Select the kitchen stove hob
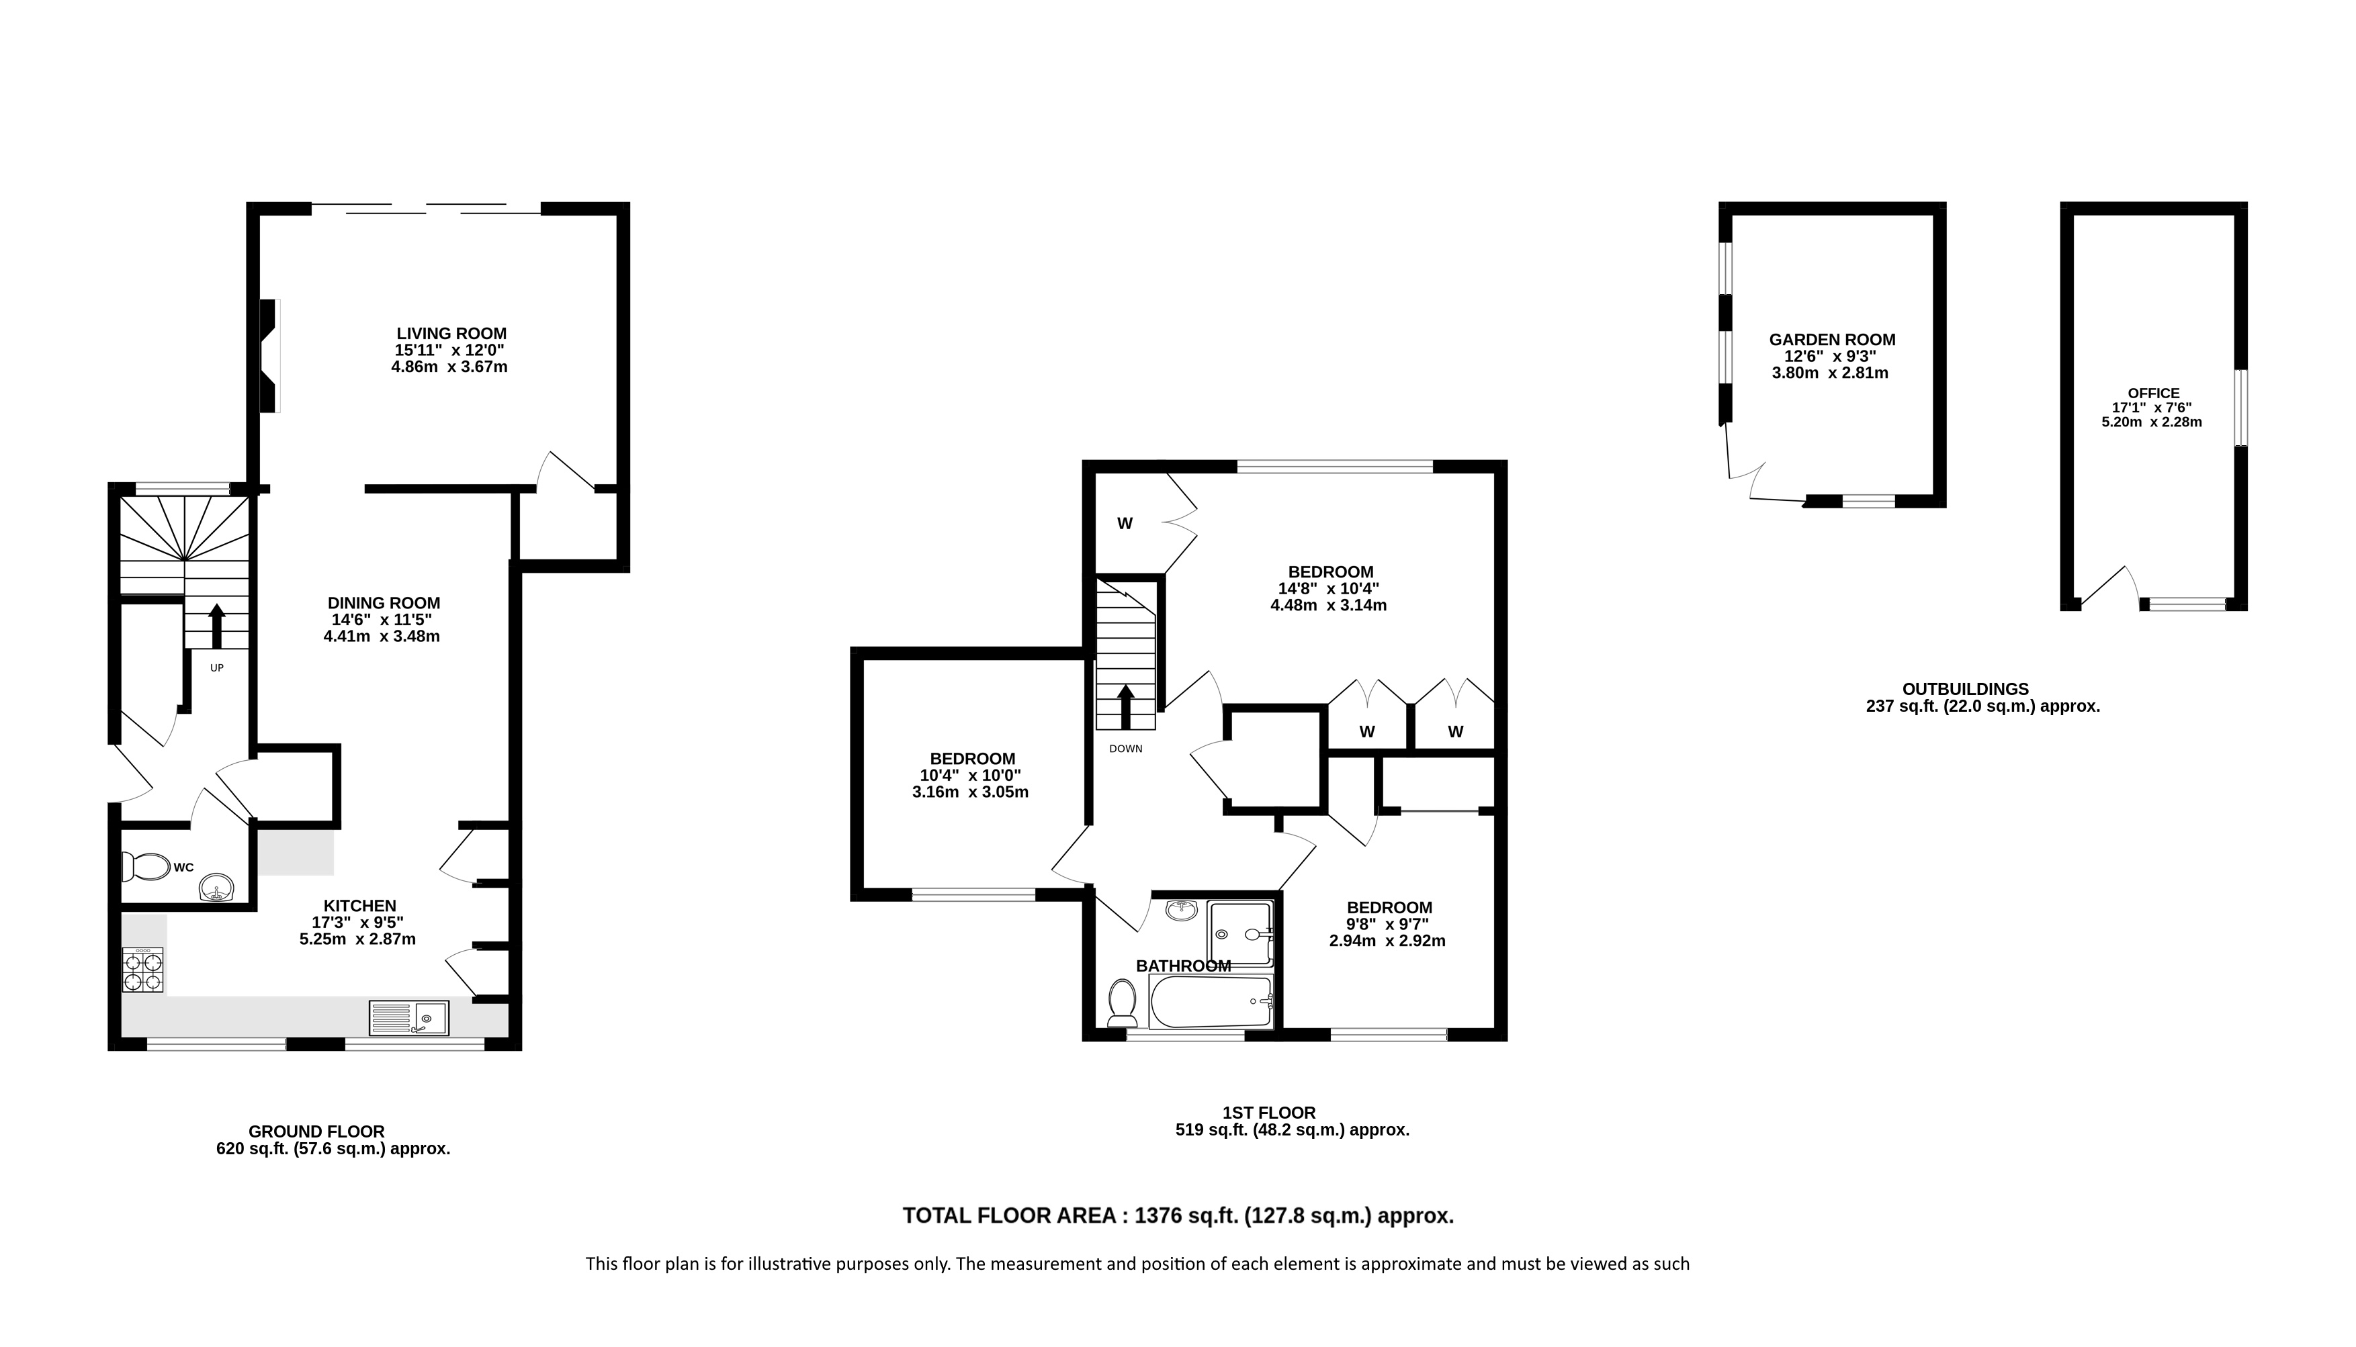click(142, 970)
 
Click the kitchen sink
click(409, 1019)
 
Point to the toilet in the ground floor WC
click(145, 867)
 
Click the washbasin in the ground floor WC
click(218, 887)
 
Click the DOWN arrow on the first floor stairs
click(1125, 707)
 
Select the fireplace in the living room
click(269, 355)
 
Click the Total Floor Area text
click(1178, 1215)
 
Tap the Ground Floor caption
click(316, 1131)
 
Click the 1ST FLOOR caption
click(1268, 1113)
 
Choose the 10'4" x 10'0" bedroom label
click(971, 776)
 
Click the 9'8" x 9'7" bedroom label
click(1388, 924)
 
